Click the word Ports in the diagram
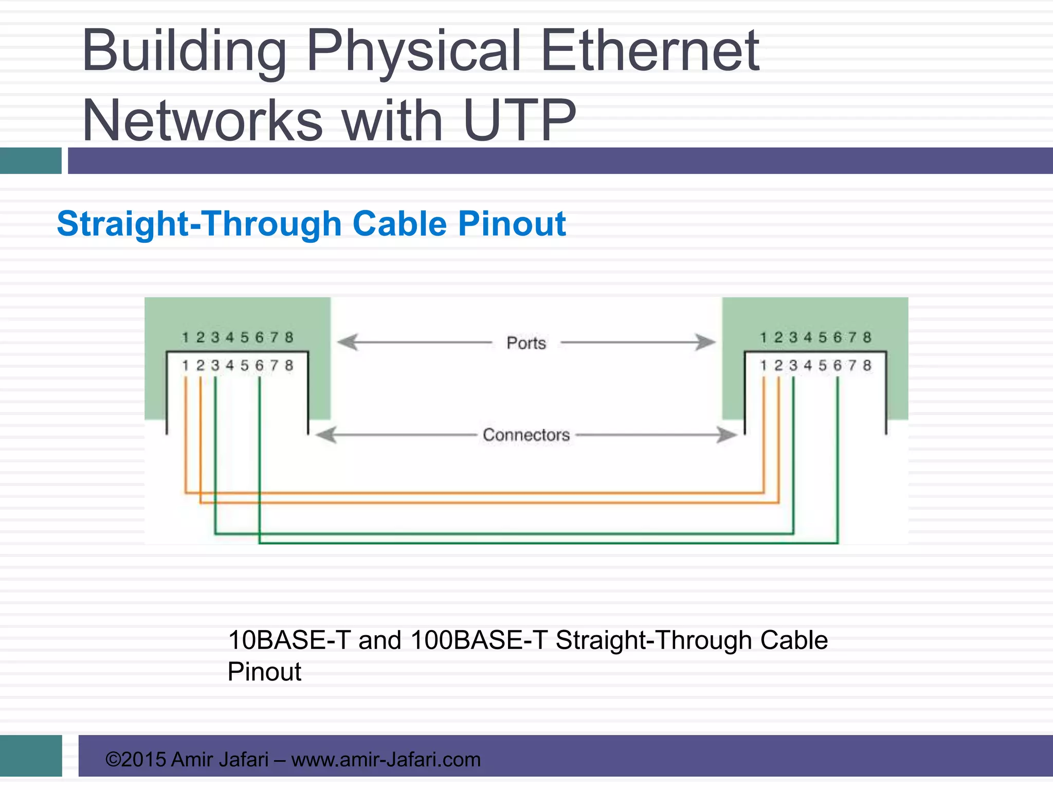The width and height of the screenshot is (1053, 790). [x=526, y=343]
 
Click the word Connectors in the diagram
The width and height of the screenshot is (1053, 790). [x=526, y=435]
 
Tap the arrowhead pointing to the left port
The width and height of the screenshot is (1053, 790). [x=348, y=342]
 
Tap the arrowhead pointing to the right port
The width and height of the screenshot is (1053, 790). [x=705, y=342]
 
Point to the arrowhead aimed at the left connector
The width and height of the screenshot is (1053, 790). [x=326, y=435]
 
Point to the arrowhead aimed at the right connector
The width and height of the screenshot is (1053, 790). [x=727, y=435]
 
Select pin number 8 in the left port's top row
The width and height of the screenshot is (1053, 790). [x=289, y=337]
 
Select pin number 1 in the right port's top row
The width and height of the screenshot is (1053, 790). [x=764, y=337]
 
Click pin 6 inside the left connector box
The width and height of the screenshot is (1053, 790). [x=260, y=366]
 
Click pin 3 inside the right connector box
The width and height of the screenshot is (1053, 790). [x=793, y=366]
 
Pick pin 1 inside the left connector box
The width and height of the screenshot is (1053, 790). [x=186, y=366]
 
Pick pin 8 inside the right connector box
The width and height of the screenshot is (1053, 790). [x=867, y=366]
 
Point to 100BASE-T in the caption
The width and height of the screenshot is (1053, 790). [x=479, y=641]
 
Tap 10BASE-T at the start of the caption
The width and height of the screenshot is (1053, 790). [x=289, y=641]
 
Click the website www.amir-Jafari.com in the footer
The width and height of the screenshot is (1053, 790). [x=386, y=760]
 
